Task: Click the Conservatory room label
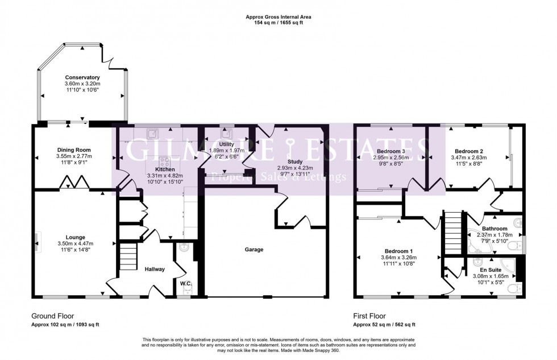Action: (82, 77)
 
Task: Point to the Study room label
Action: (294, 162)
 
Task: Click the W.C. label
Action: (185, 283)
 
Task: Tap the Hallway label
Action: (155, 269)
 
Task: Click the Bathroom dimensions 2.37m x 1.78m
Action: (494, 235)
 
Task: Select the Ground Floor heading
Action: (53, 316)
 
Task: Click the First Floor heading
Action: (369, 316)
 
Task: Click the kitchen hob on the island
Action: (165, 162)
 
